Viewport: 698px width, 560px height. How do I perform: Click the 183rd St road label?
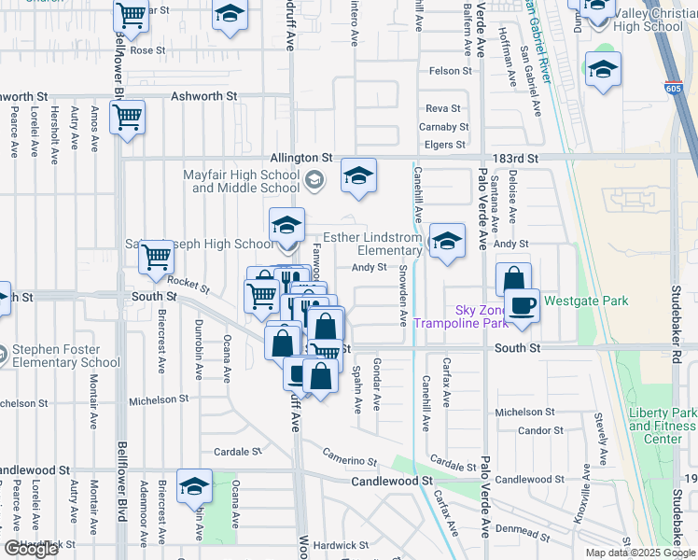pyautogui.click(x=519, y=160)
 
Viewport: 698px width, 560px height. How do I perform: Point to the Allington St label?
pyautogui.click(x=301, y=159)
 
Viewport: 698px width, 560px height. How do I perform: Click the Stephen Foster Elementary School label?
pyautogui.click(x=66, y=357)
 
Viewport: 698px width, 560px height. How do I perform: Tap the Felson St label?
pyautogui.click(x=451, y=71)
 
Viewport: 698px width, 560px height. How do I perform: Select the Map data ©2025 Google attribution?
pyautogui.click(x=639, y=552)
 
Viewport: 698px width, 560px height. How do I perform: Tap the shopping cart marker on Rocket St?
pyautogui.click(x=157, y=257)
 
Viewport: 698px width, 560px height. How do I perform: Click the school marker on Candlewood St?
pyautogui.click(x=195, y=486)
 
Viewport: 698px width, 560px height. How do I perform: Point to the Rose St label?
pyautogui.click(x=147, y=50)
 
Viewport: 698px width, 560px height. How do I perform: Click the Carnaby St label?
pyautogui.click(x=442, y=127)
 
